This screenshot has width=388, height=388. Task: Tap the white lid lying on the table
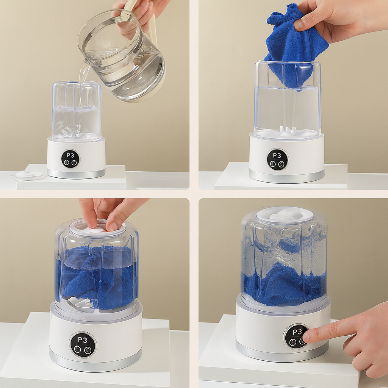pos(27,175)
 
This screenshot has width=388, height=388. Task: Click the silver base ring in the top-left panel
pos(76,174)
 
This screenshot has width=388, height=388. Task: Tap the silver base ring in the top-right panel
pos(286,177)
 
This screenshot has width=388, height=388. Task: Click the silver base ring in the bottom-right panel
pos(282,352)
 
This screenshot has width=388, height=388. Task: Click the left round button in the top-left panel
pos(66,163)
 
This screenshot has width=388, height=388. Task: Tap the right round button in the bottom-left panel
pos(88,350)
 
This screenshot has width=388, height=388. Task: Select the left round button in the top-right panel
pos(273,164)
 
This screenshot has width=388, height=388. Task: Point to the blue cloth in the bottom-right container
pos(285,285)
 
